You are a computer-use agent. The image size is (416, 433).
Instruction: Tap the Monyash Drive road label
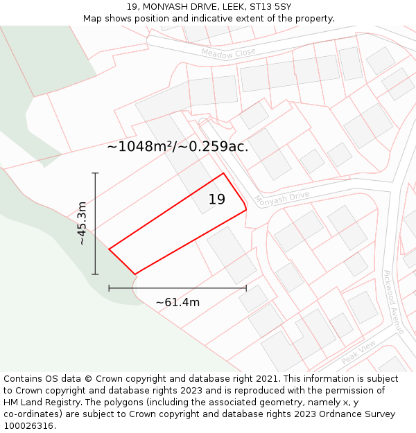pos(281,199)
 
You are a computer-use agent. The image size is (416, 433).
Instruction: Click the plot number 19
pos(217,200)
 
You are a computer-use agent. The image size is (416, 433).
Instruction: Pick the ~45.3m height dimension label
pos(83,224)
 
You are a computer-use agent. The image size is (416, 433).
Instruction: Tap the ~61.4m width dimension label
pos(177,302)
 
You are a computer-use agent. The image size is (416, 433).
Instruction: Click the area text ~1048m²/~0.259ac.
pos(177,146)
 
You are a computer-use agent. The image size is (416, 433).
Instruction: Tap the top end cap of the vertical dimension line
pos(95,173)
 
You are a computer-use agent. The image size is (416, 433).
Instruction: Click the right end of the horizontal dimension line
pos(246,288)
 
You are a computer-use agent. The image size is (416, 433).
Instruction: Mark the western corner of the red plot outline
pos(110,249)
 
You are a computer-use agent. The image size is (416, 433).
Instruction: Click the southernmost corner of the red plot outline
pos(135,274)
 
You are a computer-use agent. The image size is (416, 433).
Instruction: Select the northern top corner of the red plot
pos(223,173)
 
